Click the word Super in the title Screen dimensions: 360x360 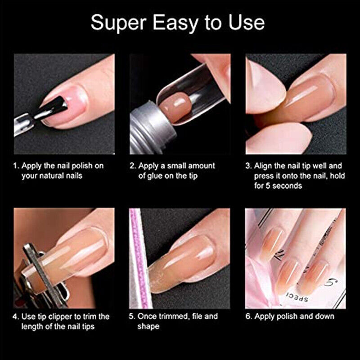[x=119, y=23]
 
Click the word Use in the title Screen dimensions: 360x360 [x=246, y=22]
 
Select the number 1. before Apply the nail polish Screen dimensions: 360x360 [x=16, y=166]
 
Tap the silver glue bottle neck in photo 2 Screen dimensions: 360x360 [x=153, y=127]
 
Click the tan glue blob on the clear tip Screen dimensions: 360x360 [x=175, y=107]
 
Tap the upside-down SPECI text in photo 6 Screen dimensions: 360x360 [x=297, y=297]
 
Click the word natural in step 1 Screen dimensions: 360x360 [x=49, y=176]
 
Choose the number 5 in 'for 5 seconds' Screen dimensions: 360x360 [x=268, y=185]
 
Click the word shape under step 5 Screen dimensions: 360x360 [x=148, y=327]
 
